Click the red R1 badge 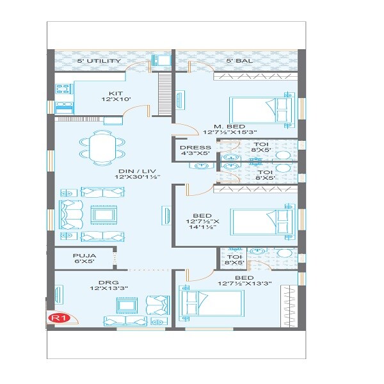(59, 316)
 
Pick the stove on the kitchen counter (65, 108)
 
